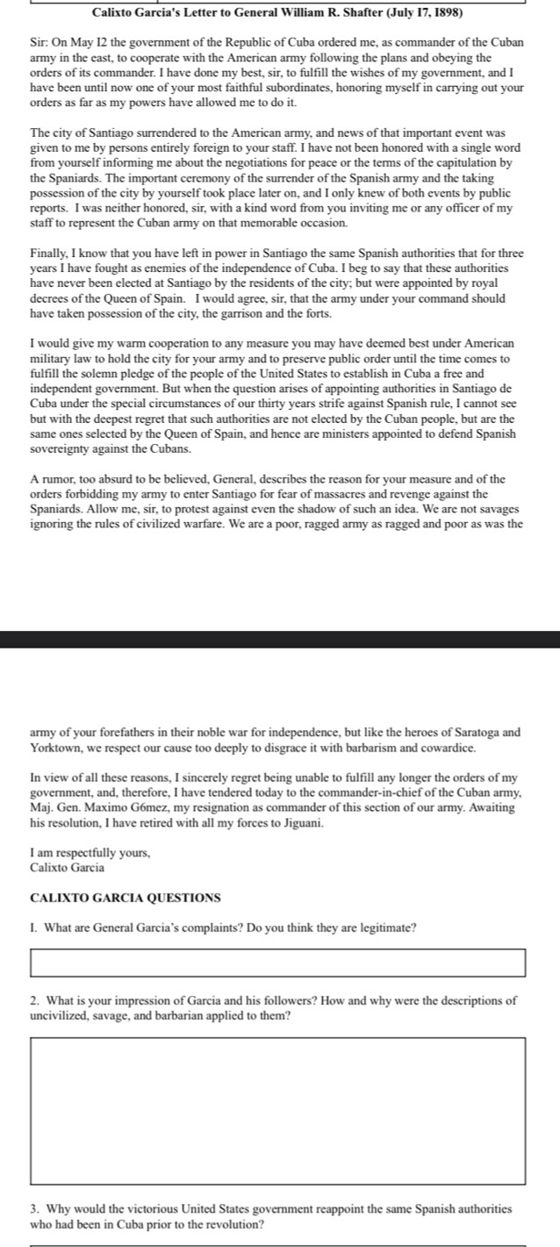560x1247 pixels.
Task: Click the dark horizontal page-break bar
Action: tap(280, 639)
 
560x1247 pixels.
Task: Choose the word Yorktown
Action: tap(57, 749)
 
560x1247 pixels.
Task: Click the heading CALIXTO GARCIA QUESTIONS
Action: tap(126, 898)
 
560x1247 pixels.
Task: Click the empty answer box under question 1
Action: tap(278, 962)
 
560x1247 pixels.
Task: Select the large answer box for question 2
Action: tap(278, 1111)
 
